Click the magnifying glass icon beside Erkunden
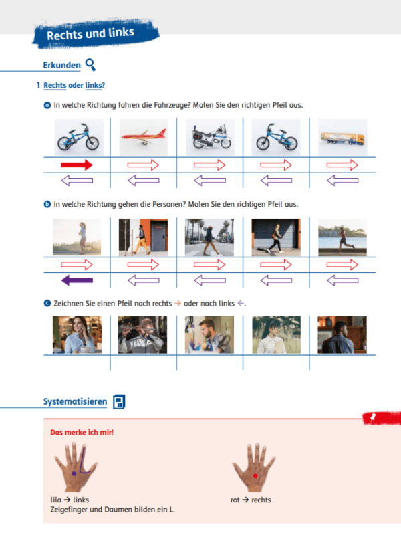pos(90,64)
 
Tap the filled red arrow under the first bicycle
pos(77,165)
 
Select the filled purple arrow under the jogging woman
pos(77,280)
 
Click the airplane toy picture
pos(144,137)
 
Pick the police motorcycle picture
pos(210,137)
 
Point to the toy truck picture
pos(343,137)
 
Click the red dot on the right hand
pos(255,476)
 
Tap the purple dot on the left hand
pos(74,474)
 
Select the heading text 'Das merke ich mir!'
pos(82,432)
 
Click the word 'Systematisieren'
pos(75,402)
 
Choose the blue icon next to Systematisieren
pos(119,402)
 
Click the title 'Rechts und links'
pos(90,34)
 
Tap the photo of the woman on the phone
pos(77,335)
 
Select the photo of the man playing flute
pos(142,335)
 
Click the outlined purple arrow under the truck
pos(342,181)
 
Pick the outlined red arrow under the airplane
pos(143,165)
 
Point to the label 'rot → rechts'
pos(251,500)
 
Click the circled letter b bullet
pos(47,205)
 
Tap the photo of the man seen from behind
pos(342,335)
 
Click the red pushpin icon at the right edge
pos(373,417)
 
